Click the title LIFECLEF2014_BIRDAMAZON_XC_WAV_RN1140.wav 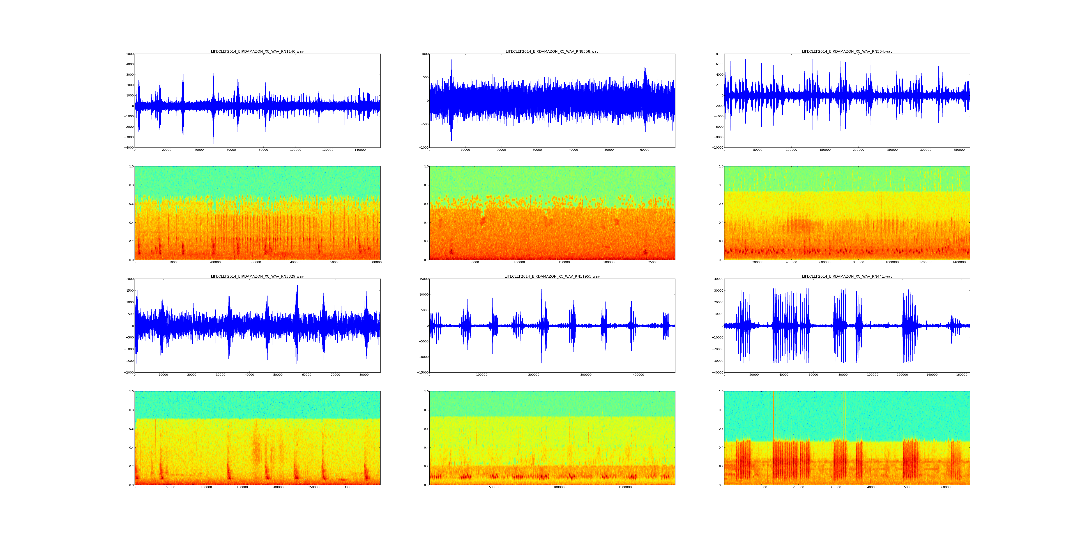(257, 51)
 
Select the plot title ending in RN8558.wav (552, 51)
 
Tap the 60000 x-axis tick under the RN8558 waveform (645, 150)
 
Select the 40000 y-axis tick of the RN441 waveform (717, 279)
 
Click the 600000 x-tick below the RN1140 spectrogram (376, 262)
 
